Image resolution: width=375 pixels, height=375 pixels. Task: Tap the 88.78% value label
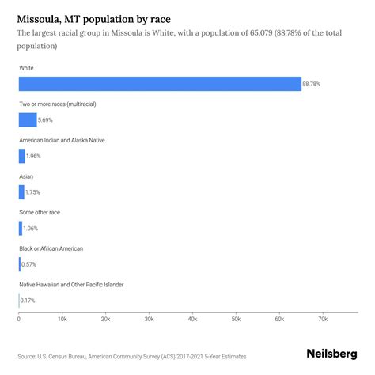[x=312, y=84]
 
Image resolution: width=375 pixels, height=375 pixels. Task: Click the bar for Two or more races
[x=28, y=120]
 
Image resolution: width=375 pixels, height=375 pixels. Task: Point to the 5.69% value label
[x=47, y=120]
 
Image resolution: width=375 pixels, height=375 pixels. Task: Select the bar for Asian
[x=21, y=191]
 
